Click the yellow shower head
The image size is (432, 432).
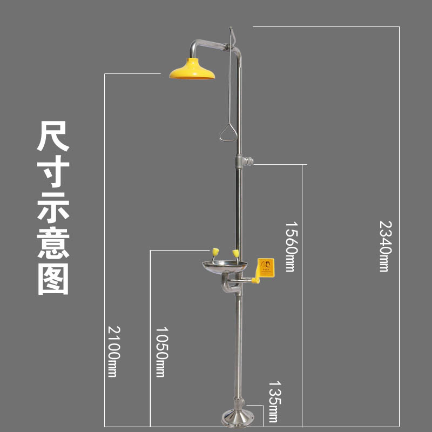point(192,69)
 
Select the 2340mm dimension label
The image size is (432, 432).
point(384,245)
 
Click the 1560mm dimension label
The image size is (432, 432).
point(291,246)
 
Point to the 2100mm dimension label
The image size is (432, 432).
point(112,351)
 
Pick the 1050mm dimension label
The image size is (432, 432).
point(160,352)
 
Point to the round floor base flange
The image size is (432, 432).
point(238,418)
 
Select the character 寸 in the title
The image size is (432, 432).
point(53,172)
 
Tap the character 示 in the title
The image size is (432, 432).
point(53,207)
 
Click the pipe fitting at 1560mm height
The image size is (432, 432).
point(244,161)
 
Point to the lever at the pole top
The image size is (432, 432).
point(232,37)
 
